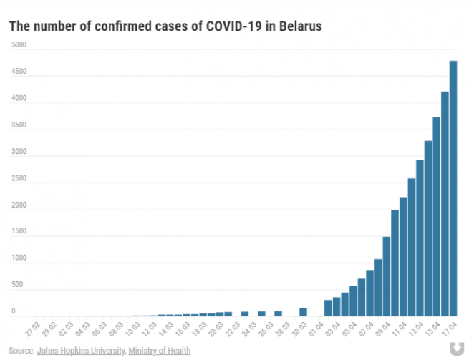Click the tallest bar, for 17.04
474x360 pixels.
coord(453,188)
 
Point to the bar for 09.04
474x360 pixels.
coord(387,276)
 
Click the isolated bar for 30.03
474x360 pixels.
coord(303,312)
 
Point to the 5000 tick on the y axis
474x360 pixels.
coord(19,44)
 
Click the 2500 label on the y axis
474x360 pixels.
coord(19,179)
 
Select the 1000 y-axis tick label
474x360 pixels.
coord(19,259)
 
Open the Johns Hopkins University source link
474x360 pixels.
coord(82,350)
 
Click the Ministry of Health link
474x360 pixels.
coord(160,350)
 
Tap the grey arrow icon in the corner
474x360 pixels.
coord(455,348)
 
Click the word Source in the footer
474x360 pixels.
coord(21,350)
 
